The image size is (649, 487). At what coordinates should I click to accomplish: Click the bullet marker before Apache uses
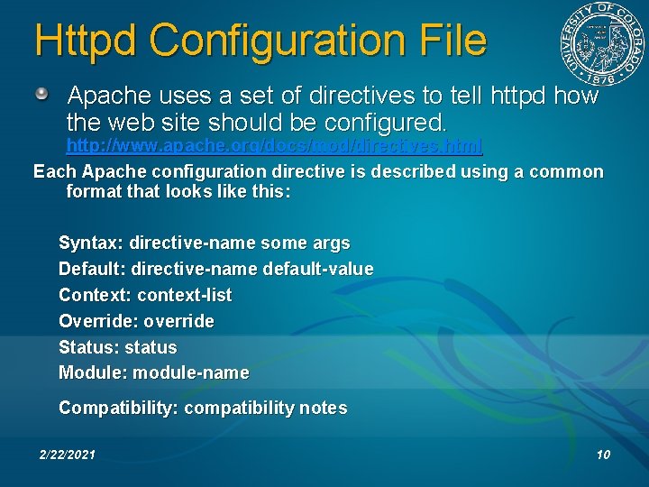coord(43,94)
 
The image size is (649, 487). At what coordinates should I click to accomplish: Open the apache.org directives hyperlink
coord(274,145)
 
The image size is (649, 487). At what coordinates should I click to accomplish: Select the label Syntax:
coord(91,243)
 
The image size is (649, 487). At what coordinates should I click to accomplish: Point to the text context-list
coord(184,295)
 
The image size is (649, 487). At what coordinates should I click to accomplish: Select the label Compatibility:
coord(118,408)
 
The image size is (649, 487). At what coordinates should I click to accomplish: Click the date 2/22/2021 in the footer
coord(68,455)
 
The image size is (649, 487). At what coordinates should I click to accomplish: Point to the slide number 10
coord(603,455)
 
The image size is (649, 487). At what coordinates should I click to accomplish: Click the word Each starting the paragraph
coord(55,171)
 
